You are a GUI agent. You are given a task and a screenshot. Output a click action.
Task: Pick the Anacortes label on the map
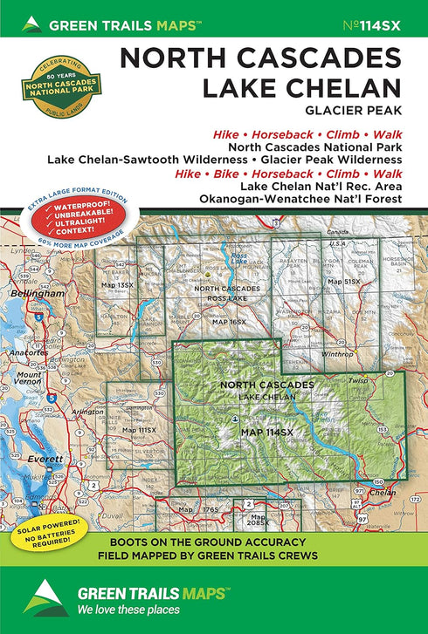[24, 354]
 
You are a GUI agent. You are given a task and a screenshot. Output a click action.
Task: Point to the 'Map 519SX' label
[342, 283]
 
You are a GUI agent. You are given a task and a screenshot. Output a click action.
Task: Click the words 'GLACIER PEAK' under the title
[361, 109]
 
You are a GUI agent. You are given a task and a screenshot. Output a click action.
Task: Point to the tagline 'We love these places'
[128, 609]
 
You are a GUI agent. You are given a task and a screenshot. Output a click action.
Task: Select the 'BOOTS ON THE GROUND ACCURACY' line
[261, 539]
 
